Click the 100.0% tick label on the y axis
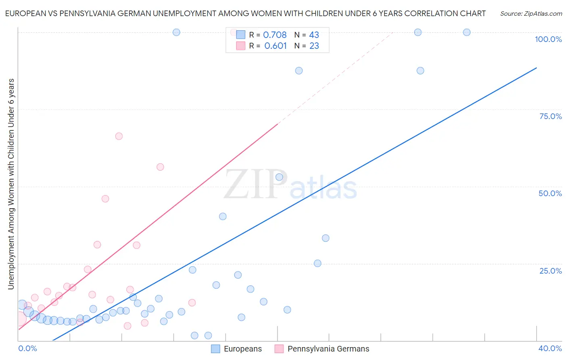548,39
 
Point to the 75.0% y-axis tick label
550,116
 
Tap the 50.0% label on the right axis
550,193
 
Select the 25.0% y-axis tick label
550,270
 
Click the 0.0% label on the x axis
27,348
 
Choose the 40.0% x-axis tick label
550,348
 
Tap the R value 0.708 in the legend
275,35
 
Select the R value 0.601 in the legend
275,46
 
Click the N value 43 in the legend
314,35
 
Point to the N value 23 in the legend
314,46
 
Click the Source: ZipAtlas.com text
531,14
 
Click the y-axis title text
11,184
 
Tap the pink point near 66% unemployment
119,136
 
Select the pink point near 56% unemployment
160,167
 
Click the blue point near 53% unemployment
279,177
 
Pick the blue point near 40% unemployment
223,216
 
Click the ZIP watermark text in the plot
255,184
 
